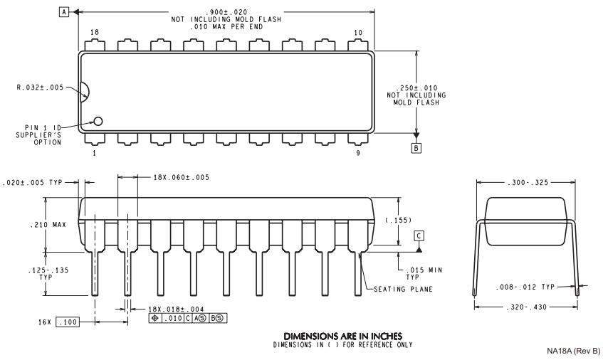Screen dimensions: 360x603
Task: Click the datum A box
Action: [x=65, y=12]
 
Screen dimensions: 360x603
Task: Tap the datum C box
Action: [x=419, y=235]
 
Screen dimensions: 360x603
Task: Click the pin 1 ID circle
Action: [x=98, y=122]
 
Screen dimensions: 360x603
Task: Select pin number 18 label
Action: [x=94, y=33]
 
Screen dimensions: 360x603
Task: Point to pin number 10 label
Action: [x=357, y=33]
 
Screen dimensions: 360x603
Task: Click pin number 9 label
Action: [x=357, y=152]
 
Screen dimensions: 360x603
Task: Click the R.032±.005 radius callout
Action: [x=41, y=88]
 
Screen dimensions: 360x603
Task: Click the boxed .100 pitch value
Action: [x=68, y=323]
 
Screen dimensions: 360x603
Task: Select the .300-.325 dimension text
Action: [x=525, y=182]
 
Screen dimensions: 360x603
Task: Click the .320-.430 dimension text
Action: [x=525, y=307]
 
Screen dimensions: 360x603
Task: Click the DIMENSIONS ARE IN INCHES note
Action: [x=342, y=336]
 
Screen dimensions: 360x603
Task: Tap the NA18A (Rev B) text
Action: [x=573, y=351]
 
